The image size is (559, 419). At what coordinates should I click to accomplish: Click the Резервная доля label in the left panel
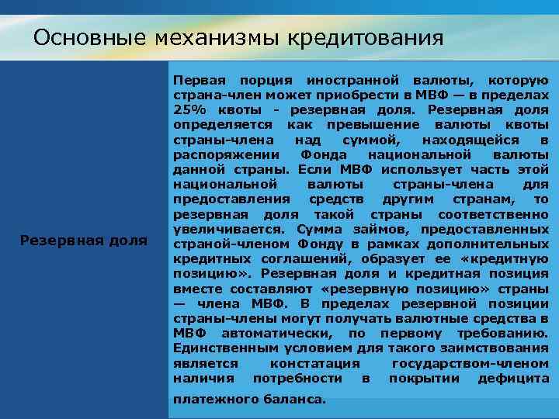pos(84,241)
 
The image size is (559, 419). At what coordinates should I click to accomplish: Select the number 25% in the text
pos(189,110)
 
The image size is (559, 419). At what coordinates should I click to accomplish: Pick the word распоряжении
pos(217,154)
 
